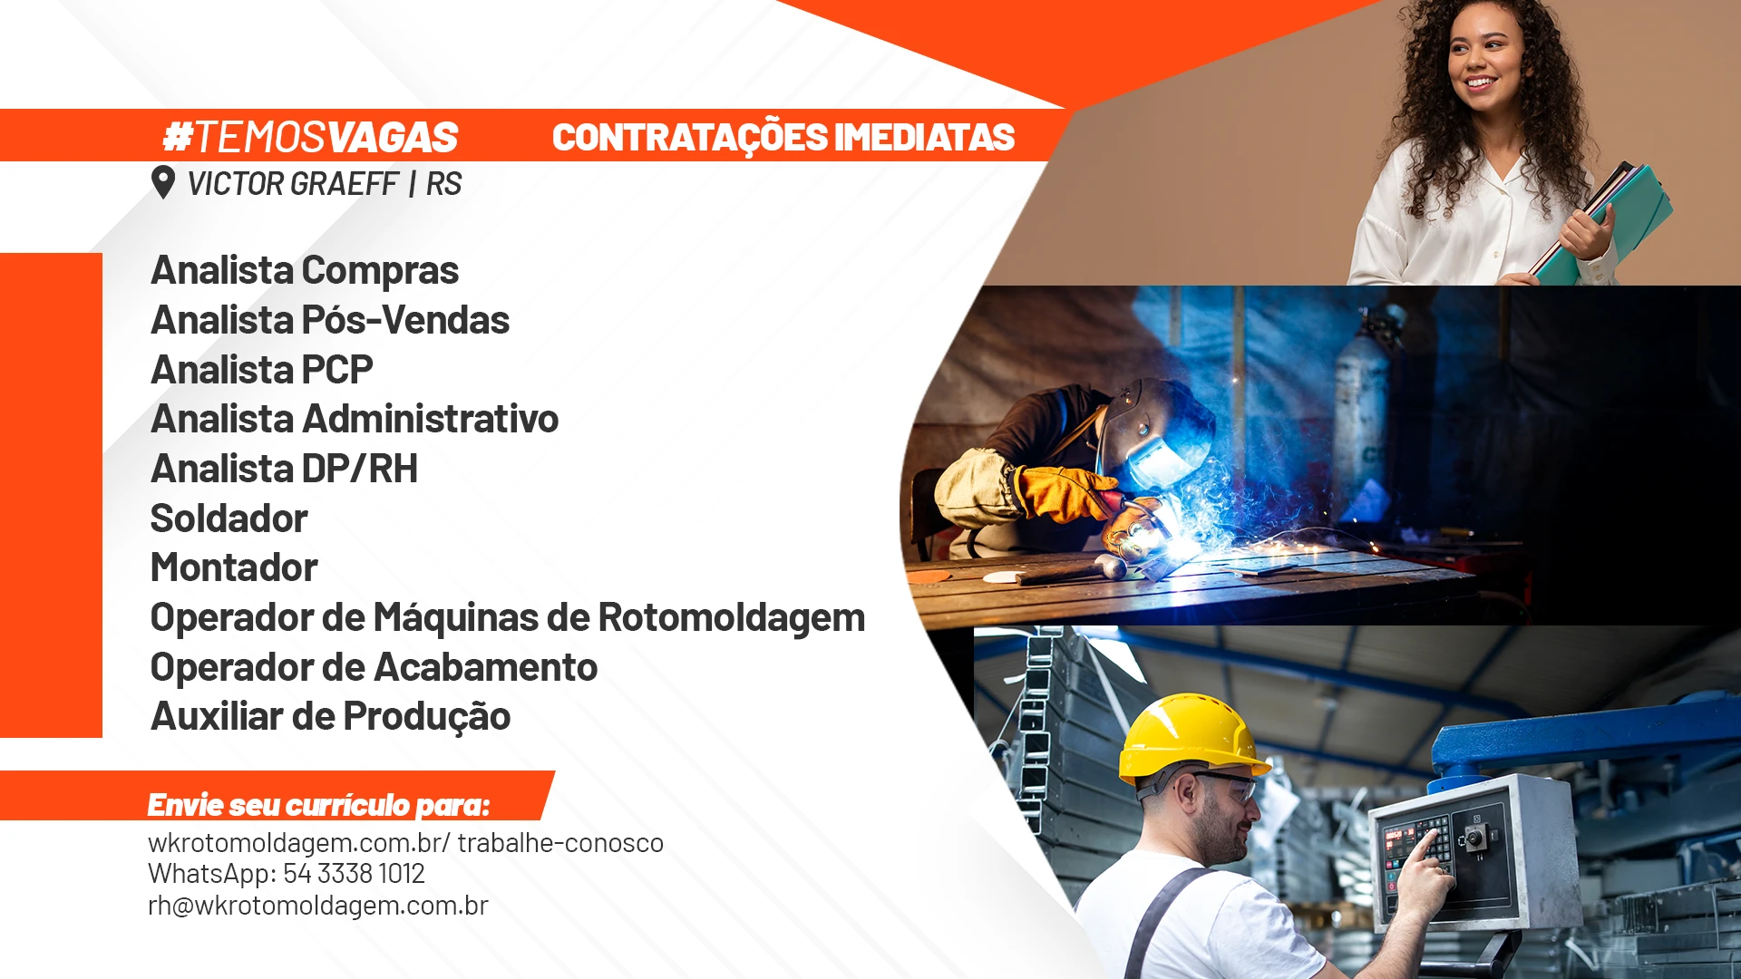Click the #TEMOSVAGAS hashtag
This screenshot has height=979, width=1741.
310,138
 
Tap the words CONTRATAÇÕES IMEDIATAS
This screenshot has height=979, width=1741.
783,138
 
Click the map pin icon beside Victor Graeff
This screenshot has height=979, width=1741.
163,182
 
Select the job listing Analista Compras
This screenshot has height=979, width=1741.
305,270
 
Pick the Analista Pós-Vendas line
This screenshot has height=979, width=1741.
330,320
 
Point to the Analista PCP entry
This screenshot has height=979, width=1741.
262,370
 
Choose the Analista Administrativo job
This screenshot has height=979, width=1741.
355,419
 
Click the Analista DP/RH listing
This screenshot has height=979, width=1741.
285,469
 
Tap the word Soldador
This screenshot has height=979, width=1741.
229,519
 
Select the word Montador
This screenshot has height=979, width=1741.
234,567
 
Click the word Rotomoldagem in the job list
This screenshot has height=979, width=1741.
732,617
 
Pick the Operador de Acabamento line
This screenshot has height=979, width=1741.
374,667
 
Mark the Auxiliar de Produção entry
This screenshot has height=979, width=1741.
331,716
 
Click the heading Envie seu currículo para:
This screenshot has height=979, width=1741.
318,805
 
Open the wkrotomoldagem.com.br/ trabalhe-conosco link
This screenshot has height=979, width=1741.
406,843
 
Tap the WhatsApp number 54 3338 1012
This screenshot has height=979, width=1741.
355,874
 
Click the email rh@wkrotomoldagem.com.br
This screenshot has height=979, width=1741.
318,906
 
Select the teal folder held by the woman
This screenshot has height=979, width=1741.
1613,221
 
